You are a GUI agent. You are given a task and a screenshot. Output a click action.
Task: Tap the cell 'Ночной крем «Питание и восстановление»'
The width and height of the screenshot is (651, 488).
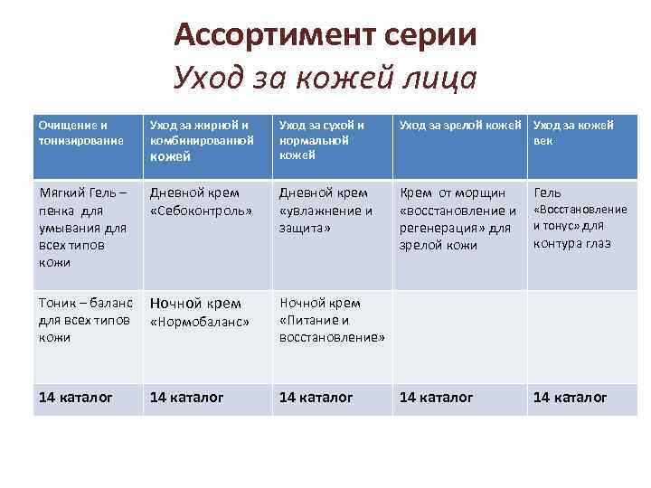(332, 320)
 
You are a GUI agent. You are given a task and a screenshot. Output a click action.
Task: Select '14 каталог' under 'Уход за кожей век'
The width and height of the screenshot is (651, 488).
(570, 397)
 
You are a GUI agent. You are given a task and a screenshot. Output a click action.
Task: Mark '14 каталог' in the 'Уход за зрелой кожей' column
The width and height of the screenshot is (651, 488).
(436, 397)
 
